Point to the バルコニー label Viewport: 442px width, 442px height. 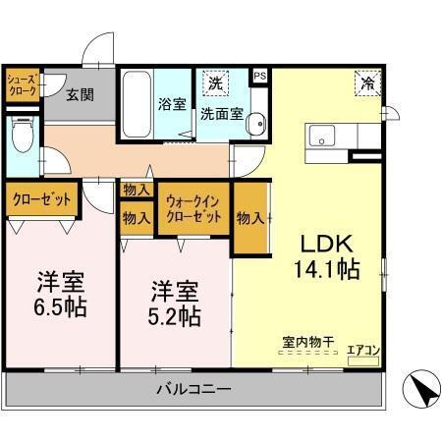click(193, 390)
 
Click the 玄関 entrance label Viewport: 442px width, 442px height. click(81, 95)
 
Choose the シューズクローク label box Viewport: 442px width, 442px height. click(24, 84)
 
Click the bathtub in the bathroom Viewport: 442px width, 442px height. click(136, 104)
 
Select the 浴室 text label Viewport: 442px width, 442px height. click(172, 104)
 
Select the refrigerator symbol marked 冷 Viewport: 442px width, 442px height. click(365, 84)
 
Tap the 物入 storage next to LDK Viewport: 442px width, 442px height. click(249, 218)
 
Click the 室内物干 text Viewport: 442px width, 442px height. click(308, 342)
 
